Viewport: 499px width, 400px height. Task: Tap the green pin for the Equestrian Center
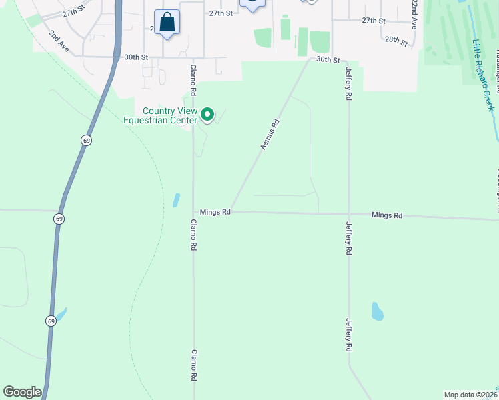[207, 115]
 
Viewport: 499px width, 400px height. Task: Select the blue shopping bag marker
[167, 23]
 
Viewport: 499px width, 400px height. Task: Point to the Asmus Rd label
[270, 134]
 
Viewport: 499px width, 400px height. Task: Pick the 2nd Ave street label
[59, 41]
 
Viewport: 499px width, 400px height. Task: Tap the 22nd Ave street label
[414, 14]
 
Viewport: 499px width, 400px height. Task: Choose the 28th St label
[396, 40]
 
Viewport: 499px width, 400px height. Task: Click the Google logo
[21, 392]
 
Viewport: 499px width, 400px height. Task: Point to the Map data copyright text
[471, 395]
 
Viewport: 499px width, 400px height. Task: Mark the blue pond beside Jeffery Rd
[377, 311]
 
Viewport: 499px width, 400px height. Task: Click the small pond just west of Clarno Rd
[176, 199]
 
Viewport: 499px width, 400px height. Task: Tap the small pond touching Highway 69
[61, 313]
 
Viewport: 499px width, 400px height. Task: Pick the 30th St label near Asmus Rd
[328, 59]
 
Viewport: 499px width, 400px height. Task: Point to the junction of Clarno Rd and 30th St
[193, 57]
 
